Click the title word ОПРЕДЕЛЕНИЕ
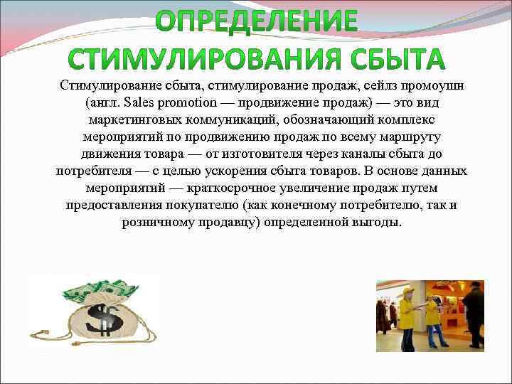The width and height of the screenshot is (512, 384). click(257, 21)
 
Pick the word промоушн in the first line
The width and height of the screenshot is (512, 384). click(435, 85)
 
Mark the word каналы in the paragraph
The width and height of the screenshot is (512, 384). click(334, 154)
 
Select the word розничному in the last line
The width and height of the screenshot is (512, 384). click(156, 222)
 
